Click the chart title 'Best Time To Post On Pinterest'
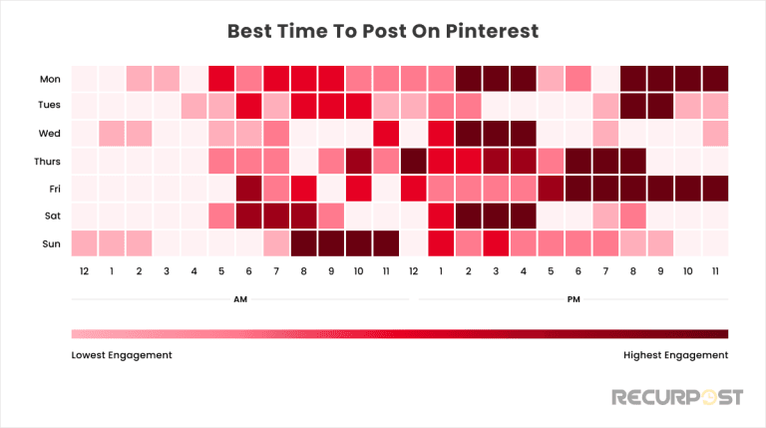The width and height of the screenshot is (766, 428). [383, 31]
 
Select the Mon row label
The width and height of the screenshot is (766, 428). [48, 77]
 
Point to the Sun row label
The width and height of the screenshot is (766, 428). [49, 242]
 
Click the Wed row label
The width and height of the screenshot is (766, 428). [48, 132]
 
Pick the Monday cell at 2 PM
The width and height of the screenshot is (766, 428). [468, 77]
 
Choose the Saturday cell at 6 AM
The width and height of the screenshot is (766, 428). [248, 214]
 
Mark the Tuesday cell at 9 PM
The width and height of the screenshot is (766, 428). [659, 105]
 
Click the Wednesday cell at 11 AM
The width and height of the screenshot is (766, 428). [386, 132]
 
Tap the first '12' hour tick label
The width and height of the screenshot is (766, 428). [84, 270]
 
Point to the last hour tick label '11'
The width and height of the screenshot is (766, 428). [714, 270]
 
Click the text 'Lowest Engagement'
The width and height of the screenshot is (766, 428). [122, 355]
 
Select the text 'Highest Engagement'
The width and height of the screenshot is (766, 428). [674, 355]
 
